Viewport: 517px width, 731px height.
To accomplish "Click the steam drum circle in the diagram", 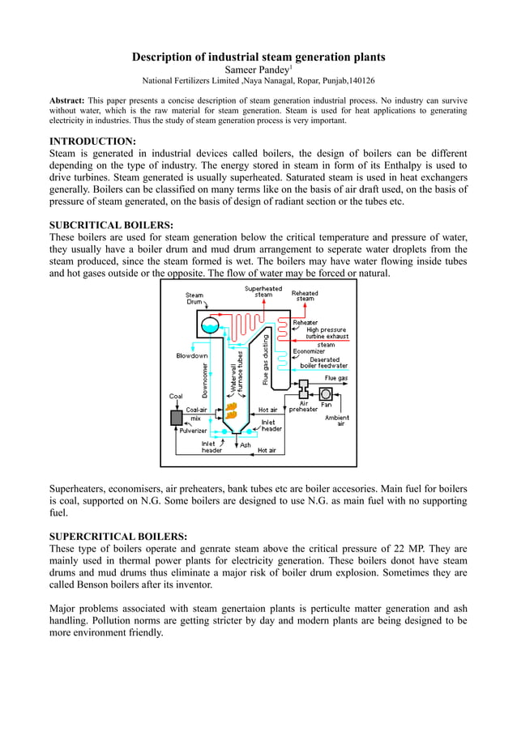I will [x=210, y=325].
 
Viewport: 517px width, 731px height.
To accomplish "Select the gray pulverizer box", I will [x=177, y=418].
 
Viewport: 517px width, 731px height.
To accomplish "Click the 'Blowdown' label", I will [x=192, y=355].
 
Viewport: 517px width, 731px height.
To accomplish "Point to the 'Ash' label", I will [x=246, y=444].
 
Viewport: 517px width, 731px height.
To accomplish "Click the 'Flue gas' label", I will [x=336, y=377].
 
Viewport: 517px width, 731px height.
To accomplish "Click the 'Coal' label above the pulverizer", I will [x=176, y=397].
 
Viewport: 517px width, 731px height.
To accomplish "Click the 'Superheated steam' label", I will [x=263, y=291].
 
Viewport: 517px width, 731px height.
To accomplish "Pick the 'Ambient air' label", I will [x=336, y=420].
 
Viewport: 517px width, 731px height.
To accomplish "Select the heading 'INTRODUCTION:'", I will [x=92, y=141].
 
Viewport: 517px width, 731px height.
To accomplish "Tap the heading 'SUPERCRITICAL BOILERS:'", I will [x=118, y=536].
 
